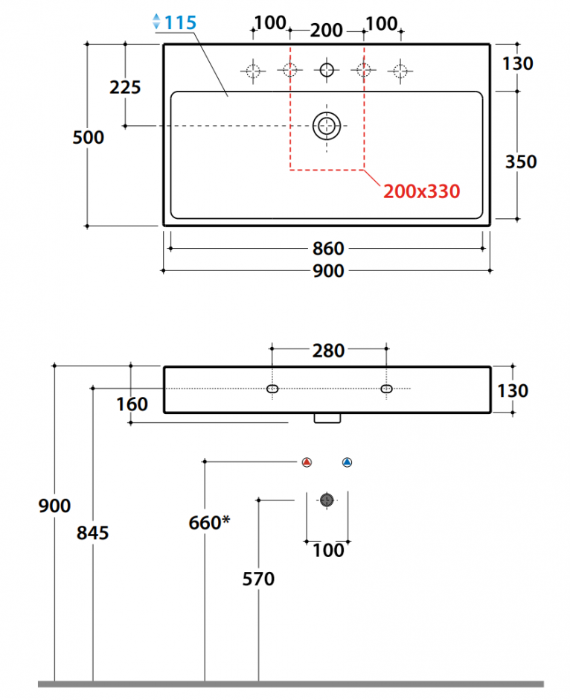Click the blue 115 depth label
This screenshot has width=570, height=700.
coord(181,22)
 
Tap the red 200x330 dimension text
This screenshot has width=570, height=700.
coord(421,191)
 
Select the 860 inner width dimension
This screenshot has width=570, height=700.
coord(328,249)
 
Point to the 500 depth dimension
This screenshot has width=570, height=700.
coord(89,137)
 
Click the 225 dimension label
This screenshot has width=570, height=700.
coord(125,87)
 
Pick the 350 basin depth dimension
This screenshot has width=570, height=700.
coord(521,162)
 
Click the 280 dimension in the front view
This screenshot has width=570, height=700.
coord(328,351)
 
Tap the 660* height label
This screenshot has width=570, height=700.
coord(209,522)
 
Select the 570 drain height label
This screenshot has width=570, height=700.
coord(258,579)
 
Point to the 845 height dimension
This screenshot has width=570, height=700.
coord(93,532)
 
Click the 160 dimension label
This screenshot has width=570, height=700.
coord(132,404)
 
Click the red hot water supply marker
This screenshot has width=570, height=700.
coord(307,462)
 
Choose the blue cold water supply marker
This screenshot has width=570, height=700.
coord(347,462)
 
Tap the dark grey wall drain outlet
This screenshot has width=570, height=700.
coord(327,500)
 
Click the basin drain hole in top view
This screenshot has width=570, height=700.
coord(327,126)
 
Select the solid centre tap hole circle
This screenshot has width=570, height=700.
coord(327,70)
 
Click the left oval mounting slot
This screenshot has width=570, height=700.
coord(272,389)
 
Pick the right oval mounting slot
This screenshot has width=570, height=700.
coord(387,389)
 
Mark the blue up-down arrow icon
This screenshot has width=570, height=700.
coord(156,22)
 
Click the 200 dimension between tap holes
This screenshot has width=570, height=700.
coord(327,31)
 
